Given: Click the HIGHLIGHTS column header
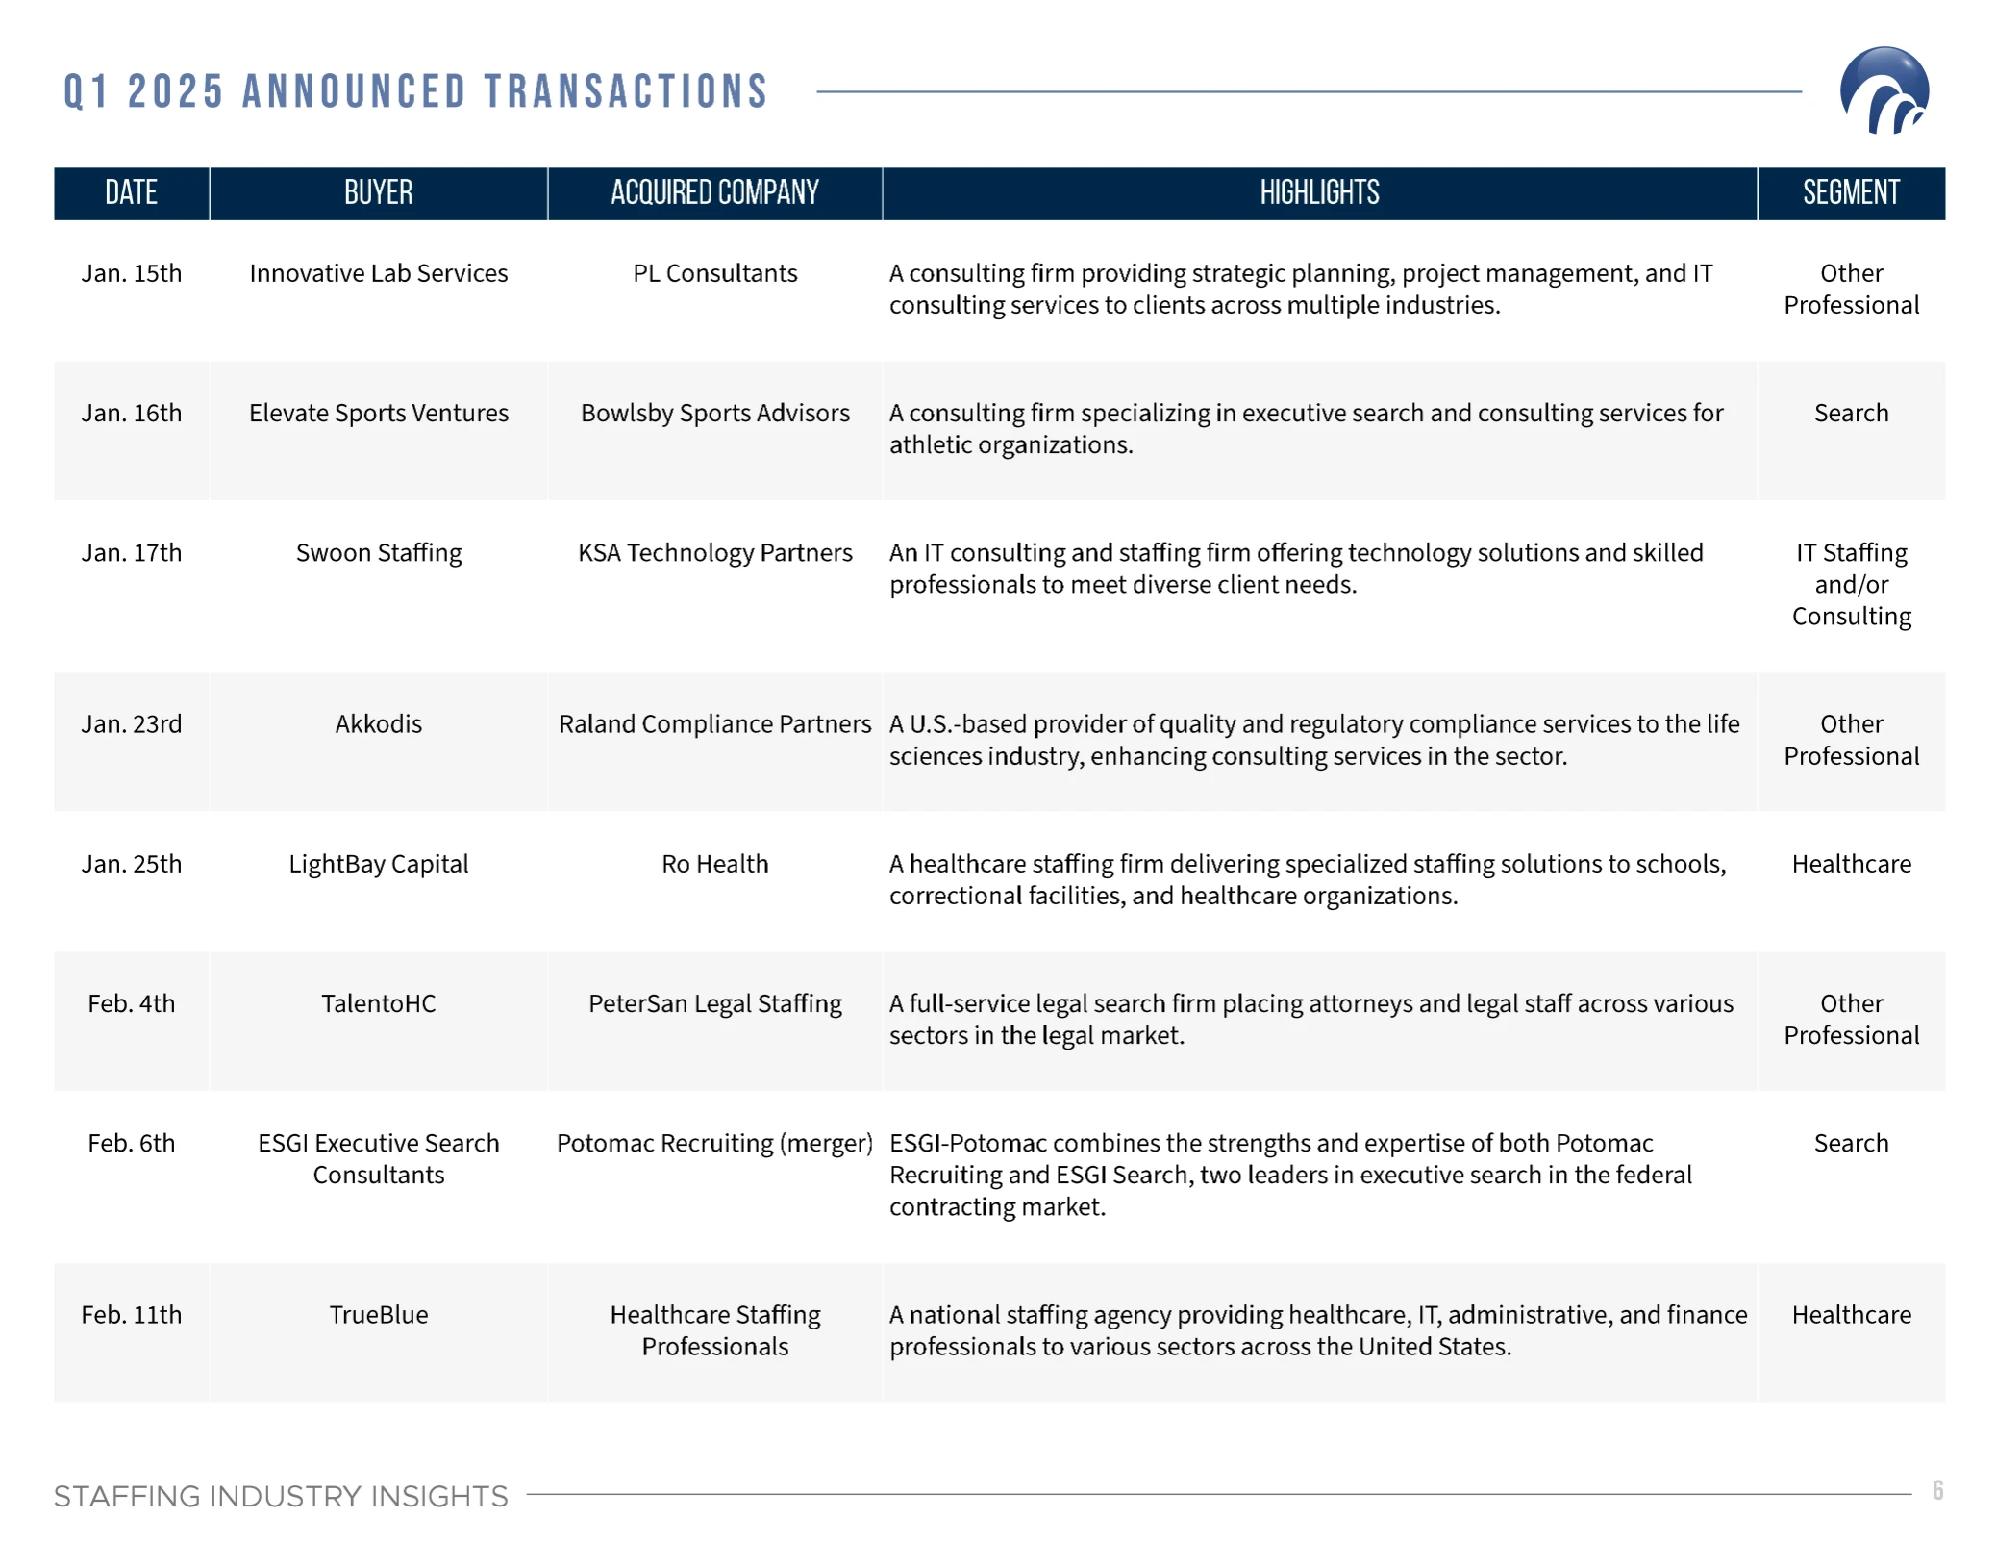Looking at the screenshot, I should pos(1318,192).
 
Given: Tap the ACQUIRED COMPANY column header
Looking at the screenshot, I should pos(714,192).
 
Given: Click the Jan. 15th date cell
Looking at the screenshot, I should pos(132,273).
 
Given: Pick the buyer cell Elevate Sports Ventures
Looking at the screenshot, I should pos(378,413).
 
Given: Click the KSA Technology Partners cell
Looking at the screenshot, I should pos(714,552).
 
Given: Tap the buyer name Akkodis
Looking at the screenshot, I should pos(378,723).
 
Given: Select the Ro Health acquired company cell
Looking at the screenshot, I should pos(714,863).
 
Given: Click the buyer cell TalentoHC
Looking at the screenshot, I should pos(378,1002).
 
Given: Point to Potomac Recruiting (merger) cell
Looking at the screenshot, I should pos(714,1142).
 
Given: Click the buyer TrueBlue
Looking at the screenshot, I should pos(378,1313).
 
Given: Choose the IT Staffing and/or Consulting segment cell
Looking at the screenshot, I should pos(1850,584).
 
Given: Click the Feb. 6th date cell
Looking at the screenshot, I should pos(132,1142).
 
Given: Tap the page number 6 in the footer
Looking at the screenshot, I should pos(1936,1489).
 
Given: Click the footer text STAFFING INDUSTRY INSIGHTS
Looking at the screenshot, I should pos(280,1495).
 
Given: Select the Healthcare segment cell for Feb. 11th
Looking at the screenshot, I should pos(1850,1313).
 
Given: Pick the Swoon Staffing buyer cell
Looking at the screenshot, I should pos(378,552).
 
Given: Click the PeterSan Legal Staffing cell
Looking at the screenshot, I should pos(714,1002).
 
